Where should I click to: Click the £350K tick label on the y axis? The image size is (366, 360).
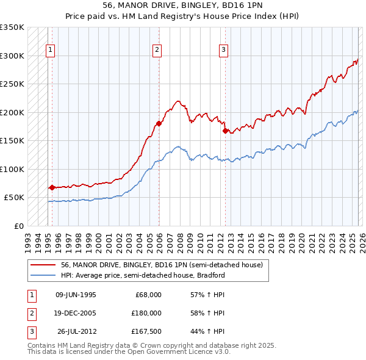[12, 28]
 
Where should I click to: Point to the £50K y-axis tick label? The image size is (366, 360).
[14, 198]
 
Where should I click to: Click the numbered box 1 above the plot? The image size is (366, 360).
[49, 50]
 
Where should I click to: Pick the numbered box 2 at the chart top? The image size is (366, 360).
[157, 50]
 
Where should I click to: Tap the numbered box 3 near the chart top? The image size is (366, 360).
[223, 50]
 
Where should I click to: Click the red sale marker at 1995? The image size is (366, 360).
[52, 188]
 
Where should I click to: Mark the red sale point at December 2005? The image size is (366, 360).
[159, 124]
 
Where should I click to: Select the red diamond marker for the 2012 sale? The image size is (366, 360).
[225, 131]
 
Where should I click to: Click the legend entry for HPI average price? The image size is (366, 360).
[143, 275]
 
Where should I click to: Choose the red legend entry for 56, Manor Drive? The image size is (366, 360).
[162, 265]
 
